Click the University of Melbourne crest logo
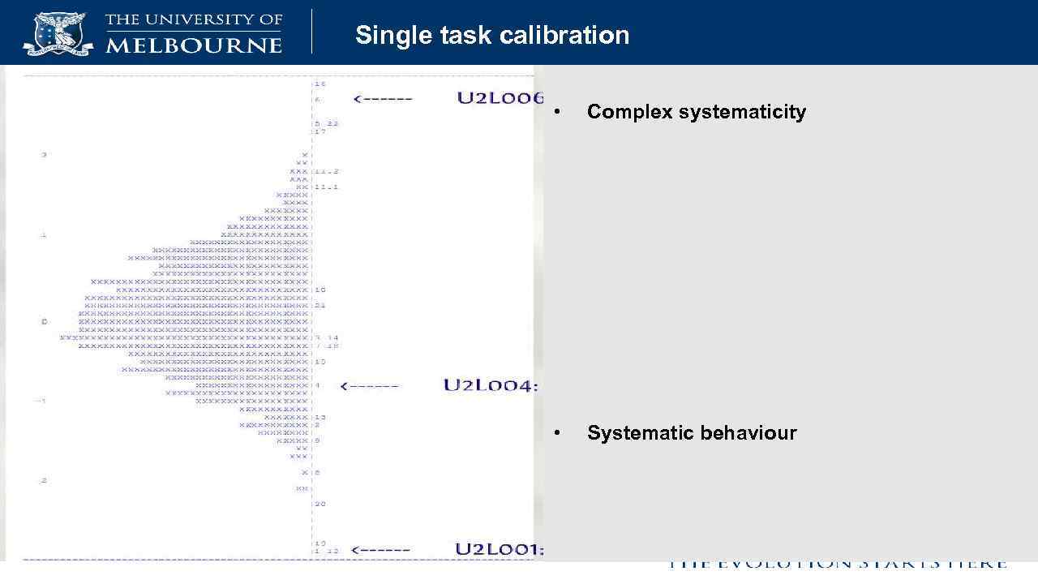tap(58, 32)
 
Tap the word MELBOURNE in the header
tap(194, 45)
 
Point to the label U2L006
tap(500, 98)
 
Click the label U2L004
tap(490, 385)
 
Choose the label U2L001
tap(498, 549)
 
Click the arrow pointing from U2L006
tap(383, 99)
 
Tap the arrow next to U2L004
tap(370, 386)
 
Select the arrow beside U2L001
tap(381, 550)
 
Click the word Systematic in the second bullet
tap(637, 433)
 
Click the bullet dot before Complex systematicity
tap(556, 112)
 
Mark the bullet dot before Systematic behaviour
tap(556, 433)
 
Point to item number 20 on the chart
tap(320, 504)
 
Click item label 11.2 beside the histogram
tap(327, 171)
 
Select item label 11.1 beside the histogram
tap(327, 187)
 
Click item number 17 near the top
tap(320, 131)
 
